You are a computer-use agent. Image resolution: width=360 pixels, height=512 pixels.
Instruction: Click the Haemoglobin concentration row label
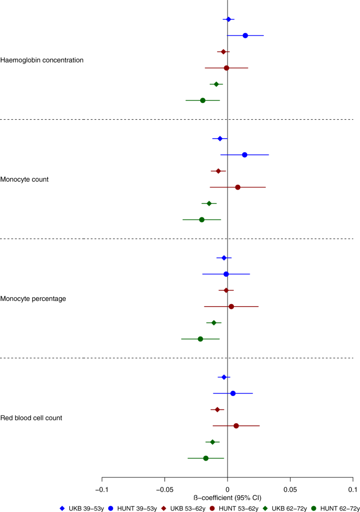[42, 60]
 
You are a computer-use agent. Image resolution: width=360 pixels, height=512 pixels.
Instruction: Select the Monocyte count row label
[32, 179]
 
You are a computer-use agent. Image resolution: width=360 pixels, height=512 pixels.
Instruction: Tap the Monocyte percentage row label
[40, 298]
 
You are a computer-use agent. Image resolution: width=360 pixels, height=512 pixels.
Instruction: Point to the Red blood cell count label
[38, 418]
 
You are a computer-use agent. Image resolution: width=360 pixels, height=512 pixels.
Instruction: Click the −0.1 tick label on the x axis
[101, 488]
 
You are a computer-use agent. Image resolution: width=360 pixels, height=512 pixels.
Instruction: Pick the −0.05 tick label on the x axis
[164, 488]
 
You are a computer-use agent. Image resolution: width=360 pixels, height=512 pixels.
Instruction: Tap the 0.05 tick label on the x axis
[290, 488]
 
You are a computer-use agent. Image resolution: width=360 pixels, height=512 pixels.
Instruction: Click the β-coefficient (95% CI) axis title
[227, 497]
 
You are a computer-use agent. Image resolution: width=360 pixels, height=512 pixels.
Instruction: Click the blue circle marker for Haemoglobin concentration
[245, 35]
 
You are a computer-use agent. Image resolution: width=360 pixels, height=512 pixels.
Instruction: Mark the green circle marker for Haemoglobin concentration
[203, 100]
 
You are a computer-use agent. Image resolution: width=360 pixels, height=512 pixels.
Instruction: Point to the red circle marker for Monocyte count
[238, 187]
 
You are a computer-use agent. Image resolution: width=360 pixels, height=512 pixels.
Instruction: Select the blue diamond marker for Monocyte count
[220, 139]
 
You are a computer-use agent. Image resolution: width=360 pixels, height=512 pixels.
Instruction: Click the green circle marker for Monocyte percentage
[200, 339]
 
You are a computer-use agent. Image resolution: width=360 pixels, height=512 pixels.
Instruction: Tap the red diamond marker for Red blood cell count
[217, 410]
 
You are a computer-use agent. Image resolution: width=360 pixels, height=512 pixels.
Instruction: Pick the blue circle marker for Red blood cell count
[233, 393]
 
